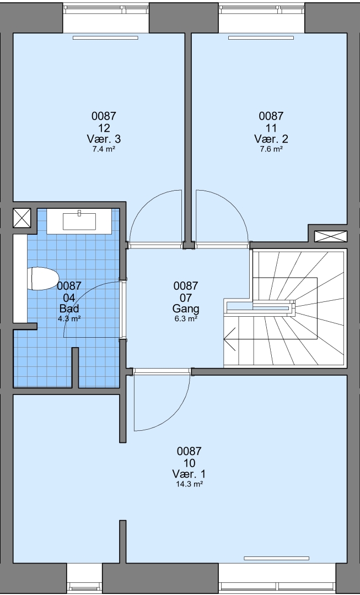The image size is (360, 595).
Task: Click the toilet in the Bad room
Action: [42, 279]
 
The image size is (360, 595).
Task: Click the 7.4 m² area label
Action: [104, 149]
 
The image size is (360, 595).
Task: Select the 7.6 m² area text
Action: [271, 149]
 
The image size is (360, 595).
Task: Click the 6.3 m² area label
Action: [186, 319]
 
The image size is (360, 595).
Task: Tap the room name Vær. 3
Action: [104, 138]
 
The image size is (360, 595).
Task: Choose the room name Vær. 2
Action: [271, 138]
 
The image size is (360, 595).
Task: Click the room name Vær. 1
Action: [189, 474]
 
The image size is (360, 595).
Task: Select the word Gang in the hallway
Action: [186, 308]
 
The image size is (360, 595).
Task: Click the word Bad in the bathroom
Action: [69, 308]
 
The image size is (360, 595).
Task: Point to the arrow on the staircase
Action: [229, 338]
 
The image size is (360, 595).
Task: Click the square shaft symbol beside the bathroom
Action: [22, 218]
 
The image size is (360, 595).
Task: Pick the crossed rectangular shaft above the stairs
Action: [330, 236]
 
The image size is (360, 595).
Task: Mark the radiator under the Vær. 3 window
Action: [105, 37]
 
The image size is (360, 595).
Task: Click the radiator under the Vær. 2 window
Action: [261, 37]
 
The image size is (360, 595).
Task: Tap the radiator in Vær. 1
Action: [276, 558]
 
